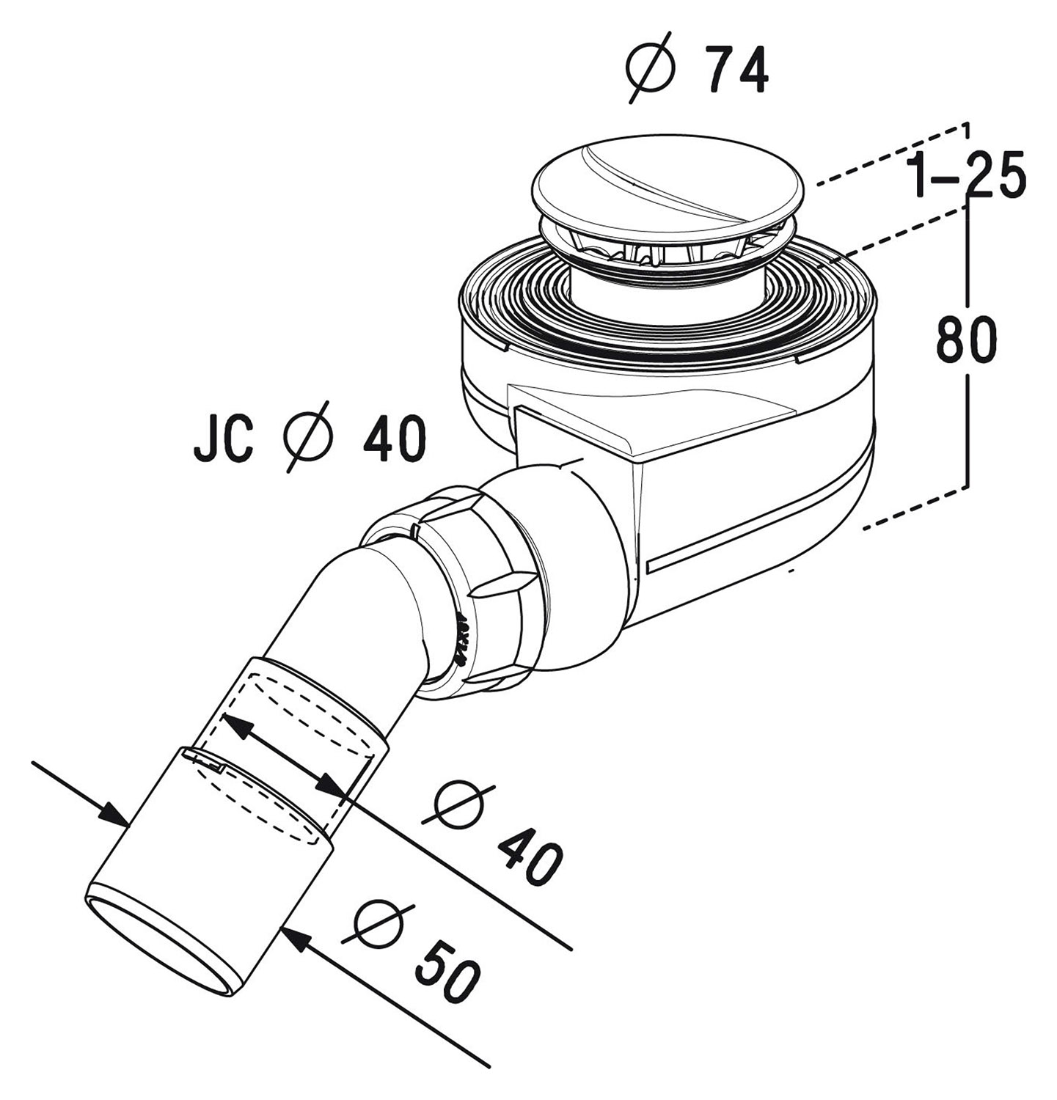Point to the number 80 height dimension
click(967, 340)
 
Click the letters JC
click(224, 439)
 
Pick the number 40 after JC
click(392, 439)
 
